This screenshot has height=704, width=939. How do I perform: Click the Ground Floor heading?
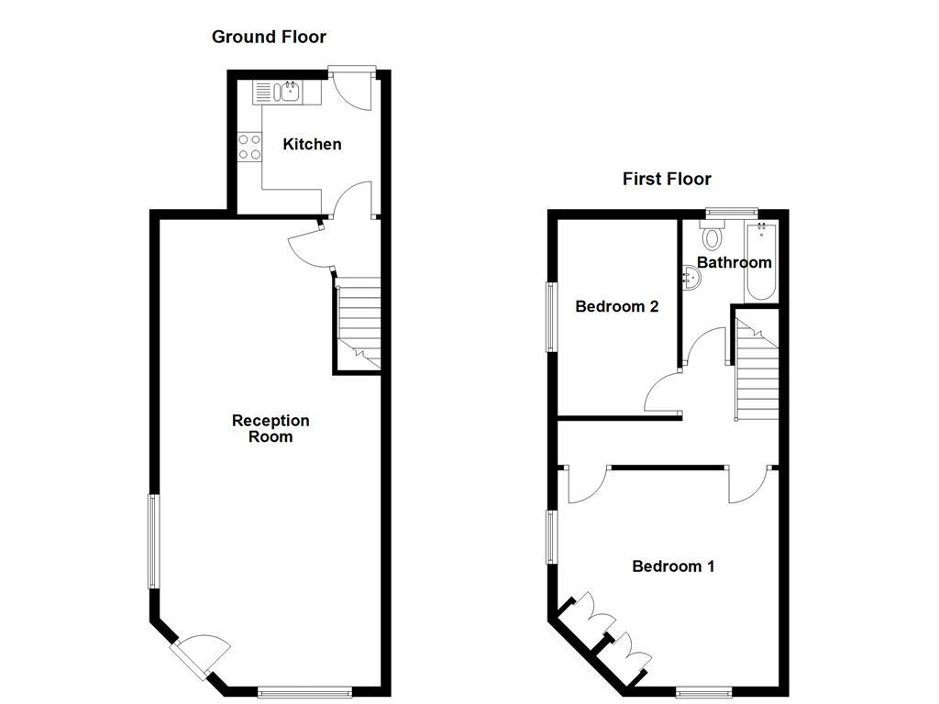269,37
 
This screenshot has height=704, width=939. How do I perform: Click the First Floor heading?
667,179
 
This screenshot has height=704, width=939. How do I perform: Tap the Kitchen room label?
312,144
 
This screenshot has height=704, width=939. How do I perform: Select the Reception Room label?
271,428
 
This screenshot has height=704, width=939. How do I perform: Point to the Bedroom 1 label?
673,566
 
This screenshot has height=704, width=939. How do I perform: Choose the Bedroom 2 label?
616,306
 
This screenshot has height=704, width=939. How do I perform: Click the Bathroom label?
734,262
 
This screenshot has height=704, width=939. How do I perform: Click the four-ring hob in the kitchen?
249,147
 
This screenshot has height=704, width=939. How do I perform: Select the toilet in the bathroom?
713,237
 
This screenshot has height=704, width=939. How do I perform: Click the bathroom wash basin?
690,278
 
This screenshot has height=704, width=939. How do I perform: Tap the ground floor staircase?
358,325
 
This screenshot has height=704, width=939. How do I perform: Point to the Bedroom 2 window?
551,316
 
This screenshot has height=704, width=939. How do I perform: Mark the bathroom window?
731,213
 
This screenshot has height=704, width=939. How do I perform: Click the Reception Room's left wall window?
154,541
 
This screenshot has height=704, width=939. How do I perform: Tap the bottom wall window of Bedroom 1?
704,690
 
